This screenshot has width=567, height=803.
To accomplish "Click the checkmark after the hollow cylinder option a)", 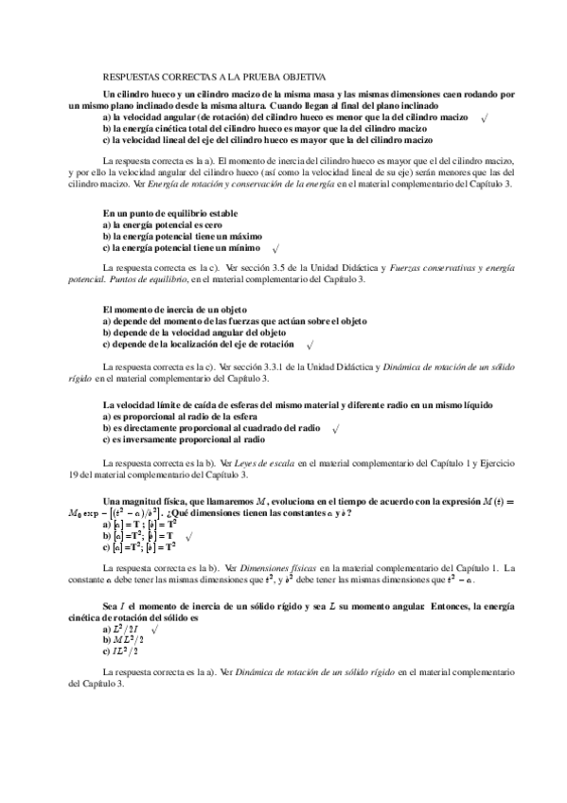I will (484, 118).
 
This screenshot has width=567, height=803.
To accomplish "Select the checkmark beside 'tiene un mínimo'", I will (275, 249).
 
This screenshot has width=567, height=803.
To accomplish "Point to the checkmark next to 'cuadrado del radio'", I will (336, 429).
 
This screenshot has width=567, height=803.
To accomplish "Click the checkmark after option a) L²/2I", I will (154, 628).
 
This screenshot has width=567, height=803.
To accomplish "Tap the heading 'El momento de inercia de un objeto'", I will (174, 310).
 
